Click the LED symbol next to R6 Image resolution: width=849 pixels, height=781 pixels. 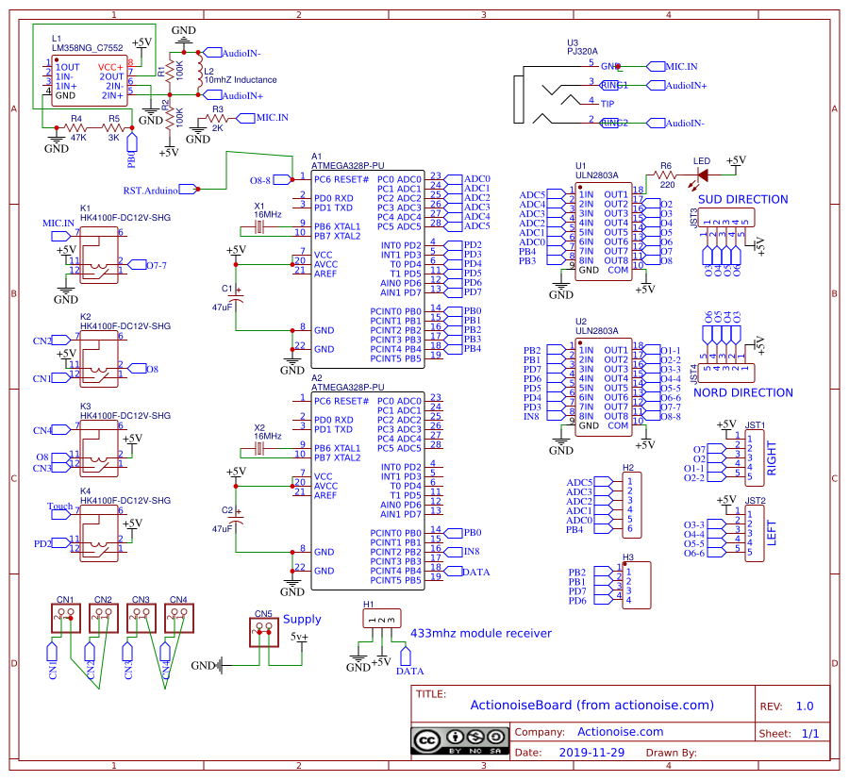pos(701,174)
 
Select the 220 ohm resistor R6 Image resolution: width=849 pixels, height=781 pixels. pos(666,174)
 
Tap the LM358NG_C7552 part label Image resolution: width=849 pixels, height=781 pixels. pos(87,47)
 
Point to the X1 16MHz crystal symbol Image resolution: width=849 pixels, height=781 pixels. pos(267,226)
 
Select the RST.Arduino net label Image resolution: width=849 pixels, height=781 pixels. pos(151,191)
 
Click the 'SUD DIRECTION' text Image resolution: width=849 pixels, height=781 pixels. pos(742,199)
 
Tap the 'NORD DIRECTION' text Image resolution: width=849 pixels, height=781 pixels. pos(742,392)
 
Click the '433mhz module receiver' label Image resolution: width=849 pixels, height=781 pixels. pos(480,633)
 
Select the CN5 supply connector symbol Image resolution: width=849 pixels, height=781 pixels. pos(263,633)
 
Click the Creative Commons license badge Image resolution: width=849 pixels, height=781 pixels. pos(459,740)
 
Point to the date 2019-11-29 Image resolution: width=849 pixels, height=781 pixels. pos(591,753)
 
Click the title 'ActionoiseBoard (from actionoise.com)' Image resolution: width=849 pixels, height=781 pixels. pos(591,705)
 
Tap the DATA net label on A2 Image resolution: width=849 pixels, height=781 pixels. pos(476,572)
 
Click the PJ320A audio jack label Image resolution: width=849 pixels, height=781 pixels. pos(582,52)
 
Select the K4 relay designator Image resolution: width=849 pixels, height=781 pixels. pos(85,491)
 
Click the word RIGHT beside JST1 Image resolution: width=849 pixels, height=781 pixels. pos(774,457)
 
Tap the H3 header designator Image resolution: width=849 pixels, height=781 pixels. pos(627,558)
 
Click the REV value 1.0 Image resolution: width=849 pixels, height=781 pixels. pos(804,706)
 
